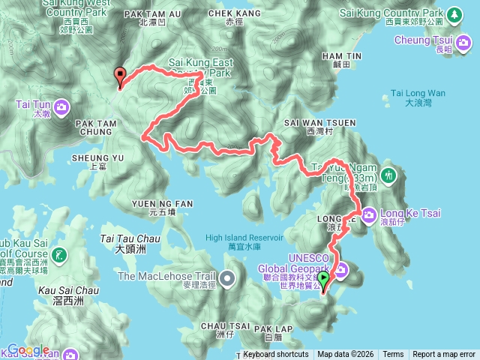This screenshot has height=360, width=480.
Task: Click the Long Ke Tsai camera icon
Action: pyautogui.click(x=369, y=216)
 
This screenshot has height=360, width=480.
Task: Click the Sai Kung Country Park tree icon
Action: pyautogui.click(x=454, y=14)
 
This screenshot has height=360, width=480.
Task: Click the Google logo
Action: pyautogui.click(x=28, y=350)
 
